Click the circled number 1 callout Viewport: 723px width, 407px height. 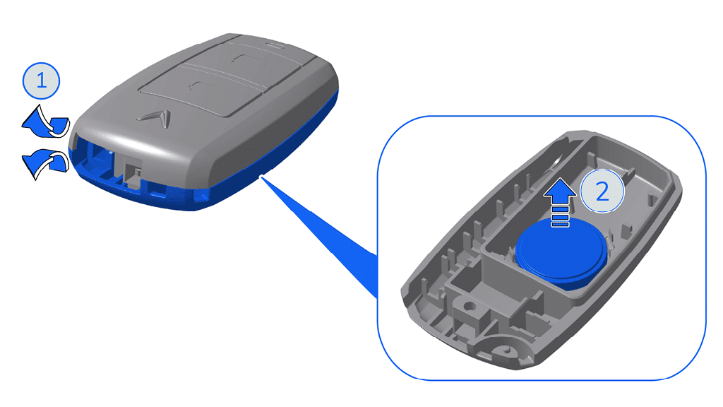[x=42, y=81]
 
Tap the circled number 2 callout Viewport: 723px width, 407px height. [x=602, y=191]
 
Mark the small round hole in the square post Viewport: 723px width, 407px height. [x=466, y=309]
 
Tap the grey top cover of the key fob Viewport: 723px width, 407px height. [x=212, y=106]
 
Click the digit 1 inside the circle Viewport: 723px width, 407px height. [x=42, y=81]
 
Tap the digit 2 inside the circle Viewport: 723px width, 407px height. [x=602, y=191]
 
